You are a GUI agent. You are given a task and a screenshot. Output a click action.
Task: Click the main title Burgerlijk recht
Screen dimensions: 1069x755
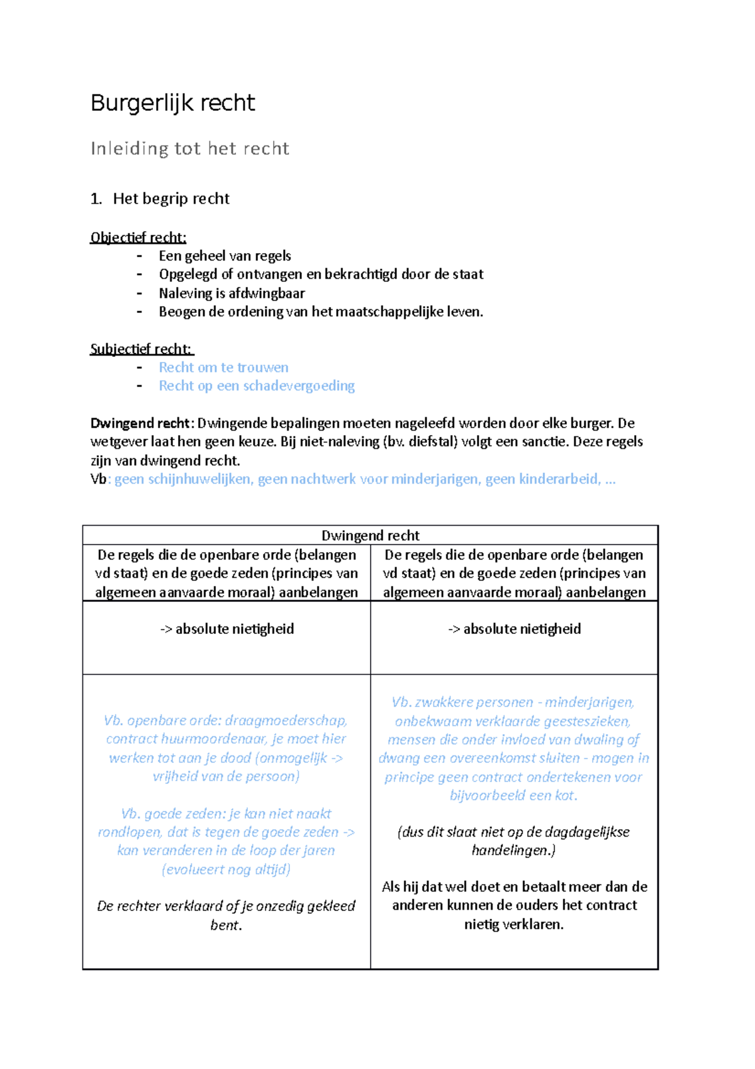pyautogui.click(x=172, y=103)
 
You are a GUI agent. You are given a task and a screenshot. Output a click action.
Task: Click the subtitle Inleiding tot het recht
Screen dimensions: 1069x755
pyautogui.click(x=189, y=149)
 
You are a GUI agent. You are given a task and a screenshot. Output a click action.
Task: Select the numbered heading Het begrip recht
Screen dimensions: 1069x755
pyautogui.click(x=171, y=199)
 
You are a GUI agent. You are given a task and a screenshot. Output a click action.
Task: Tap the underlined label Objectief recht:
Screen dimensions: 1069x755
pyautogui.click(x=138, y=237)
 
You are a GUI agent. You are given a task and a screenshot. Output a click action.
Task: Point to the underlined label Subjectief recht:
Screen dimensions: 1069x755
pyautogui.click(x=142, y=349)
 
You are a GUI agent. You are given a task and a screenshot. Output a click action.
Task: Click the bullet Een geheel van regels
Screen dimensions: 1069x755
pyautogui.click(x=225, y=256)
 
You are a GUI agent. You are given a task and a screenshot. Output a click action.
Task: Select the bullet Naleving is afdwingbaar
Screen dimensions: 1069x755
pyautogui.click(x=232, y=293)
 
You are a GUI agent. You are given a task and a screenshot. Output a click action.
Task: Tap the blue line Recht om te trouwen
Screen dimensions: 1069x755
pyautogui.click(x=223, y=368)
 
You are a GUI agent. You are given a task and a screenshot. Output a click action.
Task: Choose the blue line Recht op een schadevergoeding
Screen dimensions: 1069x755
pyautogui.click(x=256, y=386)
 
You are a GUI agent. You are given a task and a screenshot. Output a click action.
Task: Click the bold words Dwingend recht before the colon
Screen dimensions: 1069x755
pyautogui.click(x=140, y=423)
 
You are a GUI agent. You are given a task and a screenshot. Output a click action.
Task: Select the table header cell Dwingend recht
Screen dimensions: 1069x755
pyautogui.click(x=370, y=535)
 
